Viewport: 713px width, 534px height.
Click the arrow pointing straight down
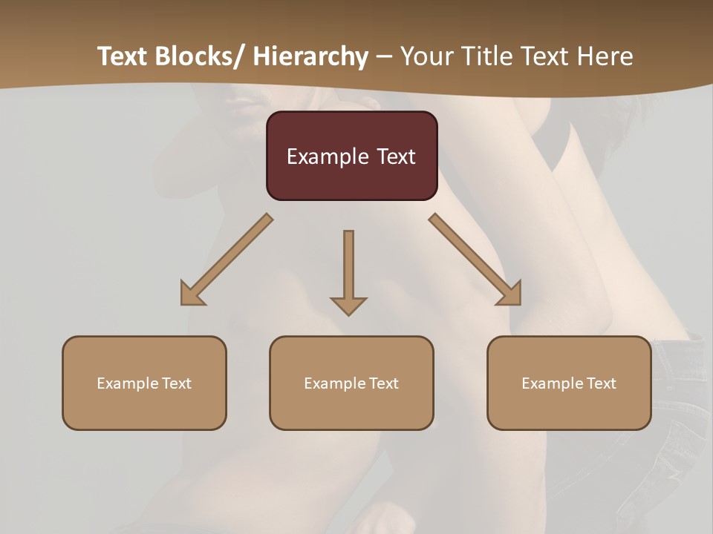coord(348,267)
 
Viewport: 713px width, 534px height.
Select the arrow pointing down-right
coord(475,259)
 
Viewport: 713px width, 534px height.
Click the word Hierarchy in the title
coord(310,56)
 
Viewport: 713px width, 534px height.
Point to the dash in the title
coord(384,56)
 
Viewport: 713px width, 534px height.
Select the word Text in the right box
coord(602,383)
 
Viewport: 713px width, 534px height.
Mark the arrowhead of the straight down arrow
coord(348,305)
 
